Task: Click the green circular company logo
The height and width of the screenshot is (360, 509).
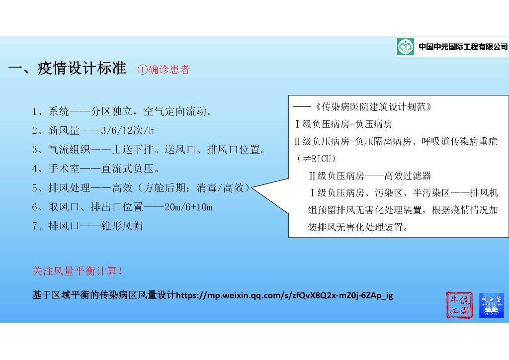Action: tap(405, 47)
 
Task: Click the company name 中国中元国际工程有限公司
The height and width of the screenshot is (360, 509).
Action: tap(463, 47)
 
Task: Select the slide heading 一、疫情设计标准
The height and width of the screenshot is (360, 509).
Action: tap(67, 69)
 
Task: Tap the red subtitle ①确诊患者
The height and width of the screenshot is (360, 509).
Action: tap(164, 70)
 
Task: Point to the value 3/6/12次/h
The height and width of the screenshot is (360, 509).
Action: tap(127, 130)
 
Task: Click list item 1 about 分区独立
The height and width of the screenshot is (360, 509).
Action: tap(122, 111)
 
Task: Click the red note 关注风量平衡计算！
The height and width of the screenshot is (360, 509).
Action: tap(78, 271)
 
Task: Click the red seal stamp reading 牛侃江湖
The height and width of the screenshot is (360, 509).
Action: tap(458, 305)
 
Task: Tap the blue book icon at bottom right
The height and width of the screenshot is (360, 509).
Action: tap(491, 305)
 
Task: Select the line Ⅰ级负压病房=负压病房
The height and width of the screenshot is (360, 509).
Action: tap(343, 124)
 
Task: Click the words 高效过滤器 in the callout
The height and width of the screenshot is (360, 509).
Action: tap(407, 176)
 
